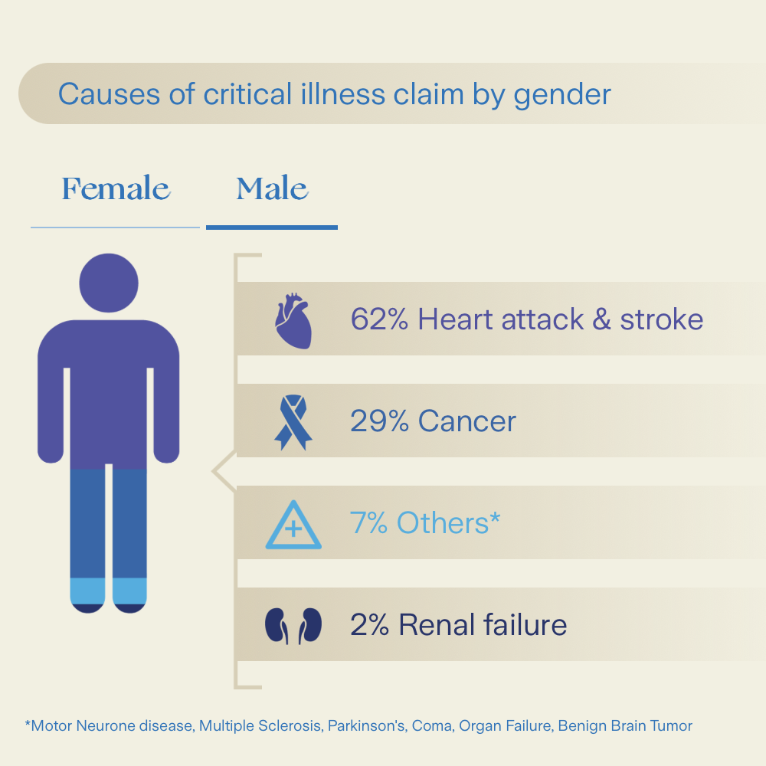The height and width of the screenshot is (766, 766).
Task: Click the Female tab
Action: [x=116, y=188]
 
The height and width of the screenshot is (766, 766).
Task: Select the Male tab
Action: [x=272, y=188]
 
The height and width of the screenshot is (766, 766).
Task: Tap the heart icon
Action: [x=293, y=320]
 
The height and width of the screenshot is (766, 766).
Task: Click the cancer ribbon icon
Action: [x=293, y=422]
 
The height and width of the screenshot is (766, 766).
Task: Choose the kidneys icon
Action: [x=293, y=626]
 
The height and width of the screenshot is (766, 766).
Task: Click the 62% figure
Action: [x=379, y=319]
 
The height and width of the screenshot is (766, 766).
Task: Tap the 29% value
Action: [x=379, y=421]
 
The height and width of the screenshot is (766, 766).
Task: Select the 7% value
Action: [x=369, y=522]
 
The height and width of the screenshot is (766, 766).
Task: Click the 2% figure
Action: [x=370, y=625]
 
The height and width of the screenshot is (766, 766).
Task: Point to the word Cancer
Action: [x=467, y=421]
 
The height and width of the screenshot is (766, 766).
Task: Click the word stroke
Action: [x=662, y=319]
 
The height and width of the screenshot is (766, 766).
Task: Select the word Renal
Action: [x=437, y=625]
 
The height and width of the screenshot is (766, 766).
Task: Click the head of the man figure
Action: [x=109, y=283]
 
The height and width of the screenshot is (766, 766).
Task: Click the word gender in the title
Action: [x=562, y=94]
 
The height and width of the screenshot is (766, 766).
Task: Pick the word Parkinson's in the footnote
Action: [x=366, y=726]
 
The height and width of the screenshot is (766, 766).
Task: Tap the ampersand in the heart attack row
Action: [x=602, y=319]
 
